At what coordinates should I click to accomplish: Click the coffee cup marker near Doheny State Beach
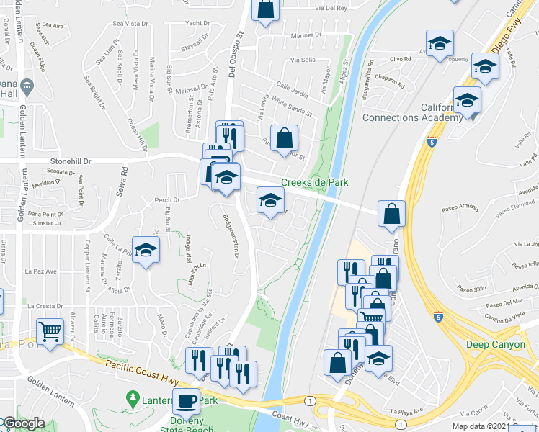point(187,400)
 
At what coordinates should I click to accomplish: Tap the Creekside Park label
point(314,182)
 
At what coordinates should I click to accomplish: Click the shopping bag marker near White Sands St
point(284,137)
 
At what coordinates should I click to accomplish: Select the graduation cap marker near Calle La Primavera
point(146,251)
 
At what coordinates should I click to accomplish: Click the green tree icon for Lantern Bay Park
point(132,398)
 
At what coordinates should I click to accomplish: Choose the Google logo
point(22,423)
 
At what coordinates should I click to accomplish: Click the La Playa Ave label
point(405,412)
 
